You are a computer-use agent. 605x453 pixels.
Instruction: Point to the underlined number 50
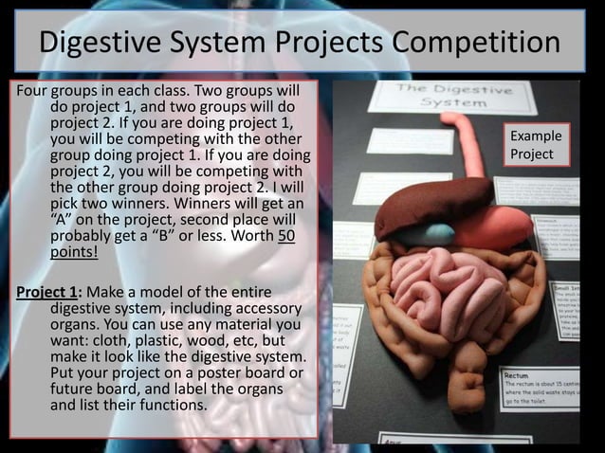pos(284,234)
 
